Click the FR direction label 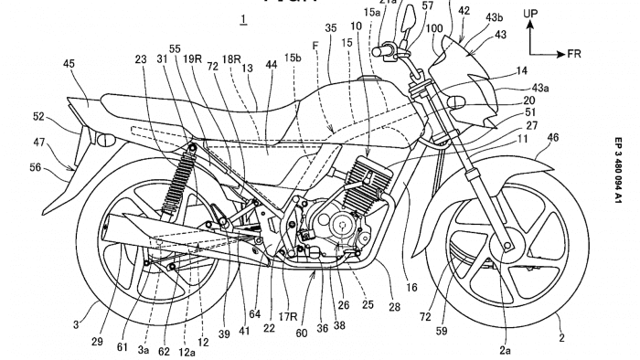tap(573, 54)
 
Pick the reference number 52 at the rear tap(38, 116)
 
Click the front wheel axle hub tap(506, 246)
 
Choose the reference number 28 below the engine tap(394, 308)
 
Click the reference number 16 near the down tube tap(411, 287)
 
